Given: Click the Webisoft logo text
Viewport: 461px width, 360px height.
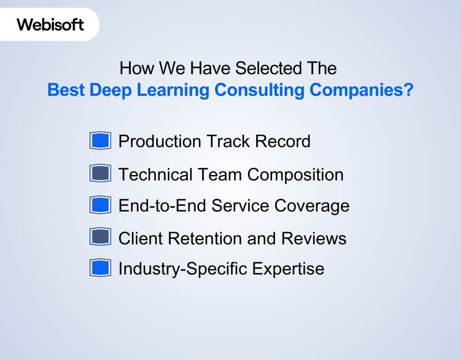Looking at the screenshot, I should pos(50,24).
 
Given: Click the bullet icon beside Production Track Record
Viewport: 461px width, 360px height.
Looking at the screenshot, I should pos(100,141).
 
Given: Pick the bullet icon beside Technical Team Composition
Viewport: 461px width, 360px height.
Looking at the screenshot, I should pos(100,174).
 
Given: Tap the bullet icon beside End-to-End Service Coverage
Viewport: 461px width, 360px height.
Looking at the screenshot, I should pos(100,205).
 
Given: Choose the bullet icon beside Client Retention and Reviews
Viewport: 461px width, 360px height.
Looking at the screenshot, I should pos(100,237).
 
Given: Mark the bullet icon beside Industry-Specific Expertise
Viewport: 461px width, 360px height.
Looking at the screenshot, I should pos(100,268).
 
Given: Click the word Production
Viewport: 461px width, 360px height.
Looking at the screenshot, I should pos(160,141).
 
